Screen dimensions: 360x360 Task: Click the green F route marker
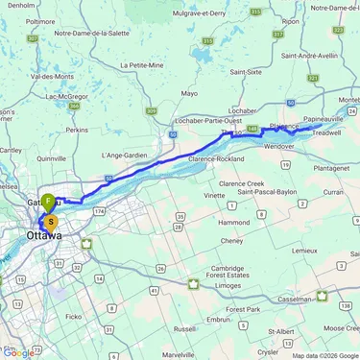(47, 202)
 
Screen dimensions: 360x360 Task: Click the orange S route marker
(51, 221)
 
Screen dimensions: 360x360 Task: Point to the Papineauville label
(315, 121)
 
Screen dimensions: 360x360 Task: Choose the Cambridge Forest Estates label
(215, 273)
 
